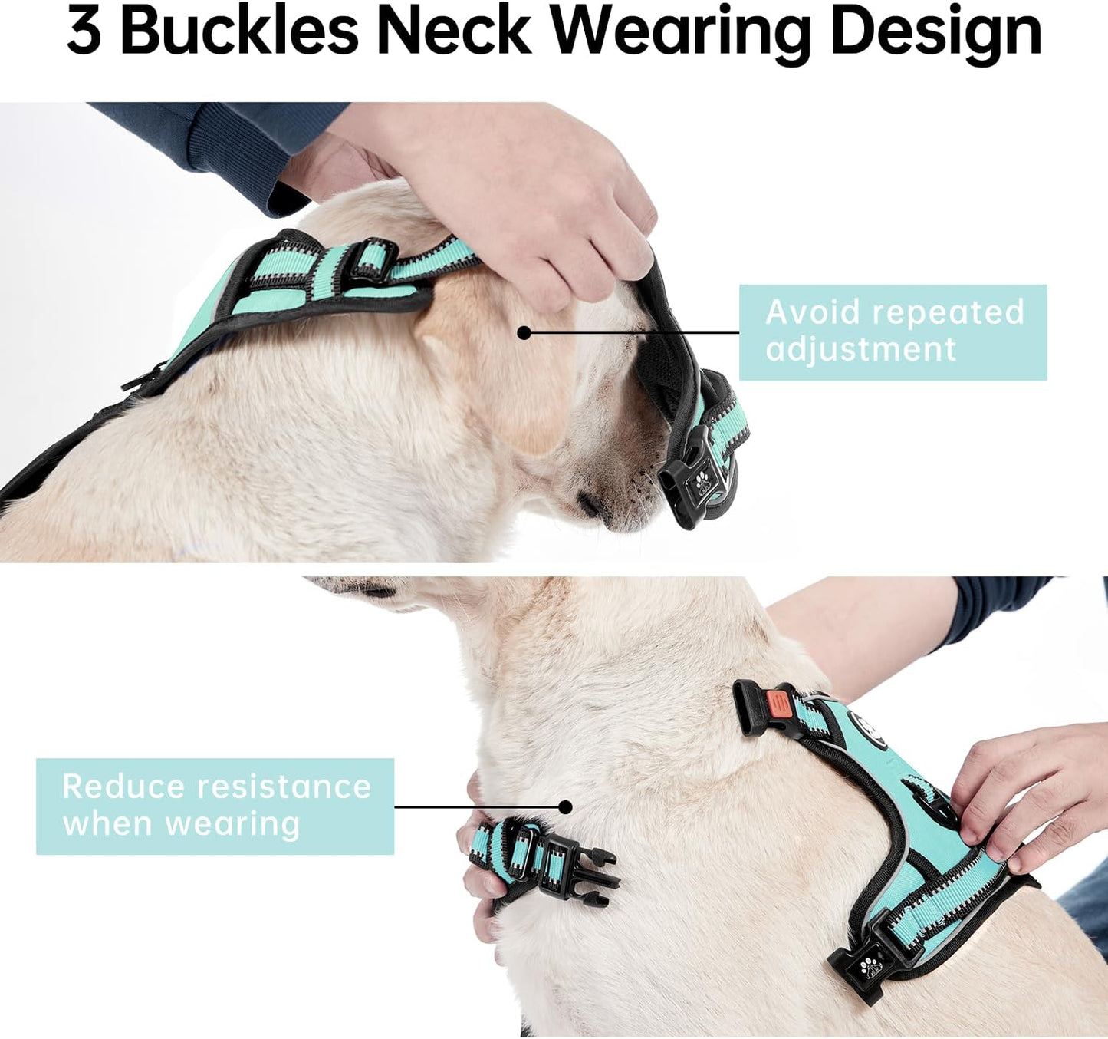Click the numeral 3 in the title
click(84, 32)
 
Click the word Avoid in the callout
click(813, 312)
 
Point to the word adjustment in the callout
click(861, 350)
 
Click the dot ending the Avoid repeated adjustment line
click(524, 332)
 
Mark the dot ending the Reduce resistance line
click(565, 806)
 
